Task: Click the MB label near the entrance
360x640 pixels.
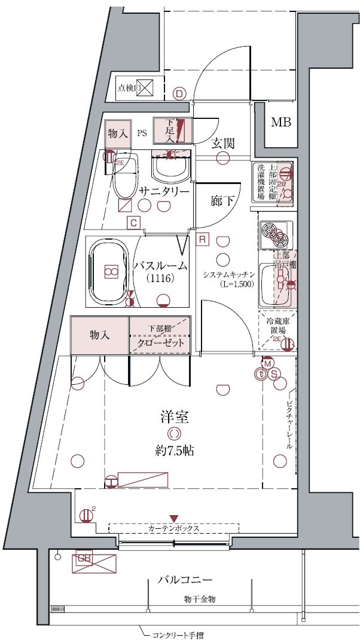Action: [x=280, y=123]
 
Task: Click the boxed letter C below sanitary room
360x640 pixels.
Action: [x=134, y=223]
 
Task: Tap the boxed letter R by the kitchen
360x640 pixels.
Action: [x=202, y=239]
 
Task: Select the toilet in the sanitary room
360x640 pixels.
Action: [x=125, y=178]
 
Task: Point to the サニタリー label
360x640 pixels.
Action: [x=164, y=191]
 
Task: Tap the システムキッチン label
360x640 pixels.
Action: [x=229, y=274]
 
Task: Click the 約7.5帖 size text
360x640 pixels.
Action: [x=174, y=450]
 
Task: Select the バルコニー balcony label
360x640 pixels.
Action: [x=185, y=580]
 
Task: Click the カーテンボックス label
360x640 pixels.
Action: [x=173, y=529]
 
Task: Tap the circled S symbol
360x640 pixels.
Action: [x=274, y=373]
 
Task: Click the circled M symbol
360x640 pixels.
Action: [x=267, y=363]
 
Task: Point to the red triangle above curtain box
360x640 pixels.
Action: [x=174, y=517]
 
